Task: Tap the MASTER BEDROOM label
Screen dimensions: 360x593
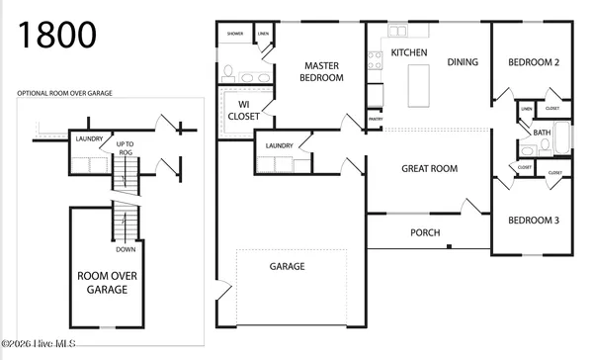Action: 322,71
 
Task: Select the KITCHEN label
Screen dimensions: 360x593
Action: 409,51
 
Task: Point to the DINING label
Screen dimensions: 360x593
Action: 462,62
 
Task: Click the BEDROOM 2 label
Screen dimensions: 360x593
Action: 534,62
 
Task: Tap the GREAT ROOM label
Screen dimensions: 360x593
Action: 429,169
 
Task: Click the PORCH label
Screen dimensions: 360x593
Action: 425,232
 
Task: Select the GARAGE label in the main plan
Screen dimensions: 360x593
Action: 288,266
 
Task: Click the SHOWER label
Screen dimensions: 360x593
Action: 235,34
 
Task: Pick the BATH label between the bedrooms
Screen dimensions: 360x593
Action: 542,132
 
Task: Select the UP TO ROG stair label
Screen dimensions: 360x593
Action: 127,148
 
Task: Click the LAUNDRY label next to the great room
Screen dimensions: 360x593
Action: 279,145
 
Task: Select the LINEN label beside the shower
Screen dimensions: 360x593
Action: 263,34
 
